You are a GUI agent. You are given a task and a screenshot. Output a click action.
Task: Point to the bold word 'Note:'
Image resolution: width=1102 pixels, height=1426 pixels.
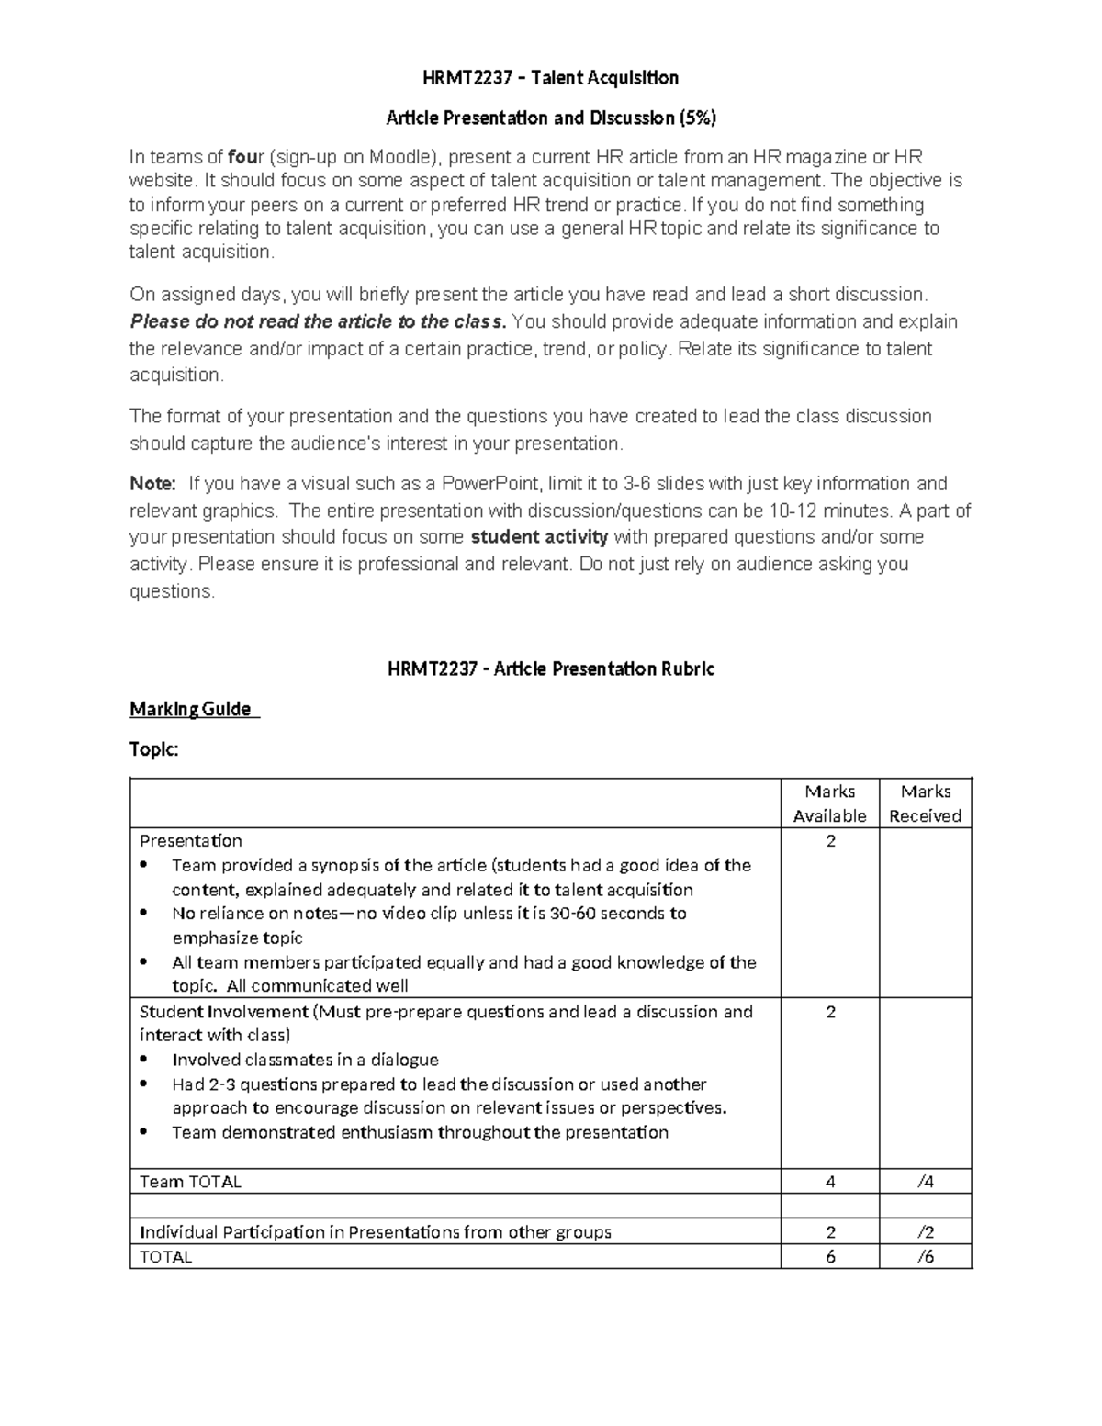[152, 484]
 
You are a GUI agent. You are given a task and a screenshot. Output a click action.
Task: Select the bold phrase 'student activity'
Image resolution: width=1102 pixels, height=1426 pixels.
[539, 537]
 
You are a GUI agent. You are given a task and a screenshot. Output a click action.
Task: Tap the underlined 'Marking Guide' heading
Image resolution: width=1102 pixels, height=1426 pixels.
[190, 709]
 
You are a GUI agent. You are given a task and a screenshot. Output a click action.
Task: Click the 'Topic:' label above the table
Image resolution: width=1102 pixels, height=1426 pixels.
[153, 749]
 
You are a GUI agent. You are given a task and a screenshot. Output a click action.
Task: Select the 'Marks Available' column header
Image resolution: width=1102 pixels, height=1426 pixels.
[829, 803]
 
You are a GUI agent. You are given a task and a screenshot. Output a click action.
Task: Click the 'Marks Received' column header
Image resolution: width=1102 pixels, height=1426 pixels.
[925, 803]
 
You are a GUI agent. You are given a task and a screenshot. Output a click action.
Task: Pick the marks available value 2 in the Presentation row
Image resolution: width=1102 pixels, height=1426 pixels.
[830, 841]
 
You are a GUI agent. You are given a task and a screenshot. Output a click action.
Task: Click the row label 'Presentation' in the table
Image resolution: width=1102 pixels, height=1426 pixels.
[190, 841]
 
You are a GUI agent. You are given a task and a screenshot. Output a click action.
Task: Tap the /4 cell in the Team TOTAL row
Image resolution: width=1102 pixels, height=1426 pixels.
[925, 1182]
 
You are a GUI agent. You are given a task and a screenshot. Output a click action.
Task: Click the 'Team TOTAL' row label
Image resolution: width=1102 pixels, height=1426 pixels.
[190, 1182]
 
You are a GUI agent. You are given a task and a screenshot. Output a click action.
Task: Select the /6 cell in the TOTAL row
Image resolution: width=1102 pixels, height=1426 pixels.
[925, 1257]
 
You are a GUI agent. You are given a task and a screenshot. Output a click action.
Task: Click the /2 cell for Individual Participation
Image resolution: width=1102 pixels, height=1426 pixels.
[925, 1232]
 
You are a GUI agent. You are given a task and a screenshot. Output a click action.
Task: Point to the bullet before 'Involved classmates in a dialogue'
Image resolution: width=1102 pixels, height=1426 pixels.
[144, 1060]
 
